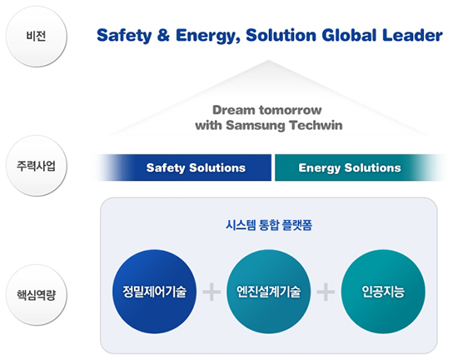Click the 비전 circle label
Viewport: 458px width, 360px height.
(36, 37)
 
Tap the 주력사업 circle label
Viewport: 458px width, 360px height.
(36, 166)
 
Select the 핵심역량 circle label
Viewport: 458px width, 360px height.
(36, 295)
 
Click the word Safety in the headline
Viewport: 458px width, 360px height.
(124, 36)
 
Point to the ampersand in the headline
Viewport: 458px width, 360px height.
(163, 35)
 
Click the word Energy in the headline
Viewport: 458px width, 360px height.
(207, 36)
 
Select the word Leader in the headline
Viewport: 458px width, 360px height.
(412, 35)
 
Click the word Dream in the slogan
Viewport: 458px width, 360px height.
(234, 110)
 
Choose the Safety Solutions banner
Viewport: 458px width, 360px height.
(183, 167)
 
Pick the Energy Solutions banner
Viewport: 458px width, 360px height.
(360, 167)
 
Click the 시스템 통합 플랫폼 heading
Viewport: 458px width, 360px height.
(269, 225)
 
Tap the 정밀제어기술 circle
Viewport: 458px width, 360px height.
(154, 292)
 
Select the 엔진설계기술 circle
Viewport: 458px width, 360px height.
(268, 292)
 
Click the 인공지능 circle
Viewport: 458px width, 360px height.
(383, 292)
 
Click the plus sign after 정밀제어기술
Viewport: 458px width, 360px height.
(212, 292)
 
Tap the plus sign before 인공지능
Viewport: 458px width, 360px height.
(326, 292)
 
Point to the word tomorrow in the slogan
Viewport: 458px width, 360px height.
(291, 110)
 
